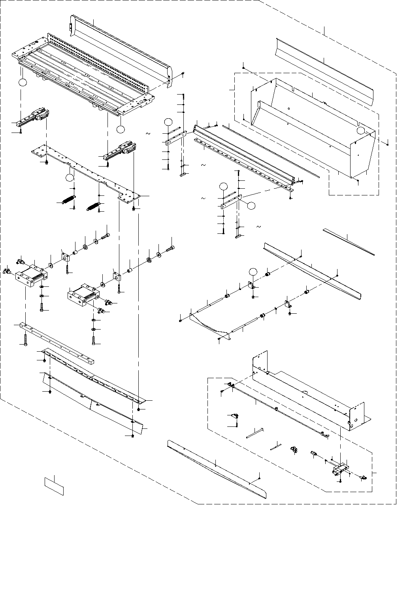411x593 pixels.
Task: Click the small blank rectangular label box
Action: (x=53, y=486)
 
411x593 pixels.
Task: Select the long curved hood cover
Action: (x=119, y=44)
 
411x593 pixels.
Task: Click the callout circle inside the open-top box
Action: (x=361, y=131)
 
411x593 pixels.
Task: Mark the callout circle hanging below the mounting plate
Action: (x=70, y=178)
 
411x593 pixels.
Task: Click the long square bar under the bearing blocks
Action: (x=59, y=342)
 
